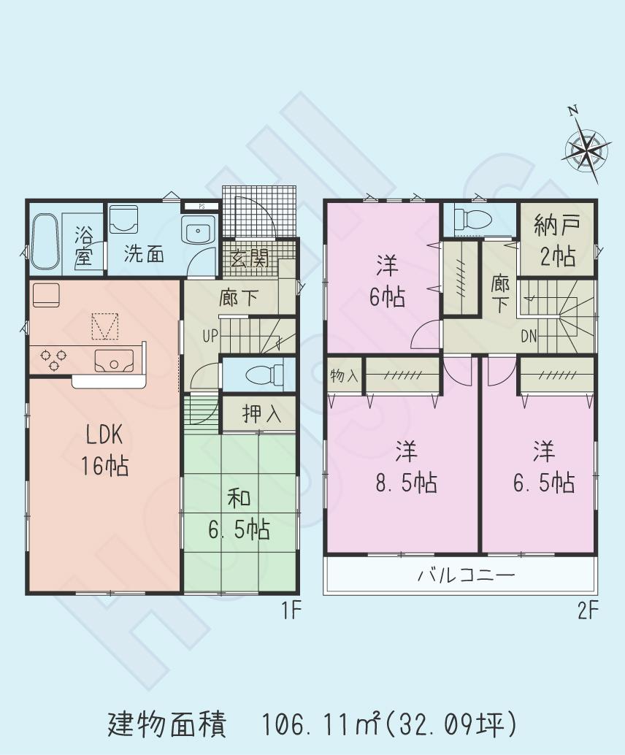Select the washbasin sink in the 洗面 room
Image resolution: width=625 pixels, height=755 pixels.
pyautogui.click(x=198, y=233)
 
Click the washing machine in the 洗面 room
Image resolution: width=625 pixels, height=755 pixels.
pyautogui.click(x=124, y=219)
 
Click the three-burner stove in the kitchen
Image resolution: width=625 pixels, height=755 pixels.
pyautogui.click(x=53, y=359)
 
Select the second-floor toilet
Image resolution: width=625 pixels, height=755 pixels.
pyautogui.click(x=467, y=218)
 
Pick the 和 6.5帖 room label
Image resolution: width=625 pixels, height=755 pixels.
pyautogui.click(x=239, y=514)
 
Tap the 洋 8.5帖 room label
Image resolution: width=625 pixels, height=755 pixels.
pyautogui.click(x=406, y=467)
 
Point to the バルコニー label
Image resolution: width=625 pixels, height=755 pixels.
pyautogui.click(x=466, y=576)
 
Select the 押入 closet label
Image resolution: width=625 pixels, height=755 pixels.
pyautogui.click(x=261, y=414)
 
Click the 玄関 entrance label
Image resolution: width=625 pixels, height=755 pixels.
pyautogui.click(x=249, y=258)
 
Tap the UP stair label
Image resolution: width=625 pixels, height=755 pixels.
pyautogui.click(x=210, y=337)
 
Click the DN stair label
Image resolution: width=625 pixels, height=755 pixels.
pyautogui.click(x=530, y=337)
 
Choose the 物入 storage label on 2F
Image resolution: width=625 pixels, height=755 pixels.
pyautogui.click(x=344, y=375)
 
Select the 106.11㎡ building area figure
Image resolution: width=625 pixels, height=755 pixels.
pyautogui.click(x=321, y=725)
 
